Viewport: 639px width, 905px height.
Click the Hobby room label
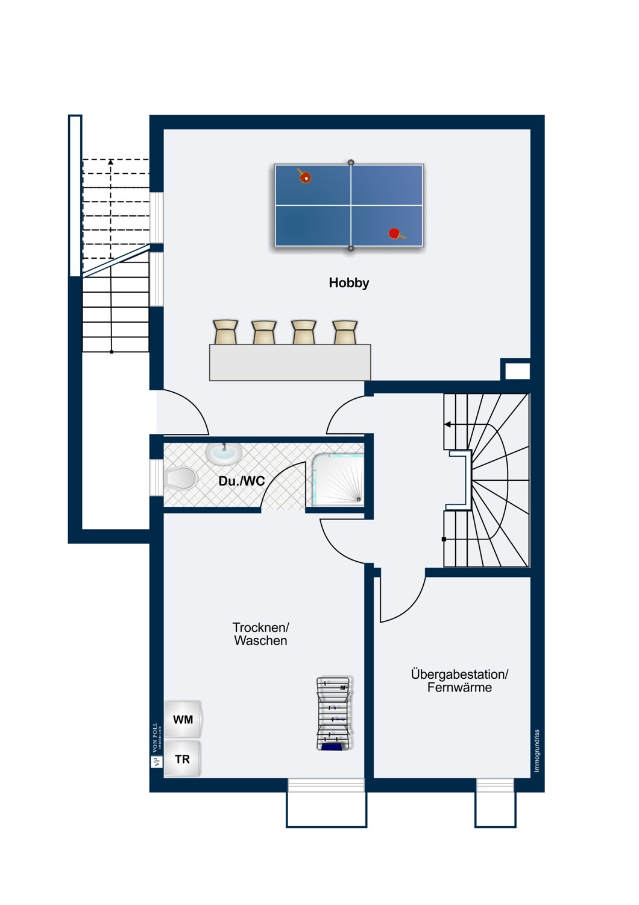(x=349, y=283)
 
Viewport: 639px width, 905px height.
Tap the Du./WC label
(x=241, y=481)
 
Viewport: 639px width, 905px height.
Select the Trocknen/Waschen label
(x=261, y=634)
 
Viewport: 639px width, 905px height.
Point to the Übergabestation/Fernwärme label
(x=459, y=681)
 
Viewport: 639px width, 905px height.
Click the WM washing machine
(x=183, y=720)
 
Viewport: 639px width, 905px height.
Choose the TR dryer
(x=183, y=759)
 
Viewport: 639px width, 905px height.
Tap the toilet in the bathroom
(x=180, y=478)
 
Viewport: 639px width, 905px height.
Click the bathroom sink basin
(x=224, y=453)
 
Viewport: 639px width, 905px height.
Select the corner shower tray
(x=338, y=480)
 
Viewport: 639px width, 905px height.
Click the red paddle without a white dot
(x=396, y=233)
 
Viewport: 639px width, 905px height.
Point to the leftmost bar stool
(x=225, y=332)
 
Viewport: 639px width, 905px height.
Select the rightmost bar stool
(x=345, y=332)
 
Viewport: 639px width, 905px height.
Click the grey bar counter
(x=290, y=363)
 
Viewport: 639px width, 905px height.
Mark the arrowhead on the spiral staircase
(x=447, y=424)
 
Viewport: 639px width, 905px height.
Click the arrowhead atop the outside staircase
(x=110, y=162)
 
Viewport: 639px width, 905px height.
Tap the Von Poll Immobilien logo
(x=157, y=747)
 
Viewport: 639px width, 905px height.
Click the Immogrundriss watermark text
(x=537, y=751)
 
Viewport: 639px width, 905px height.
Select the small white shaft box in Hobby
(x=517, y=371)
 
